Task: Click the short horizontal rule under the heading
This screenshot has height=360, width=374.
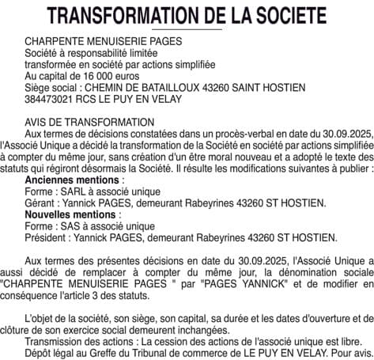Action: tap(187, 29)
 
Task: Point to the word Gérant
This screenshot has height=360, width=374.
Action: tap(42, 203)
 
